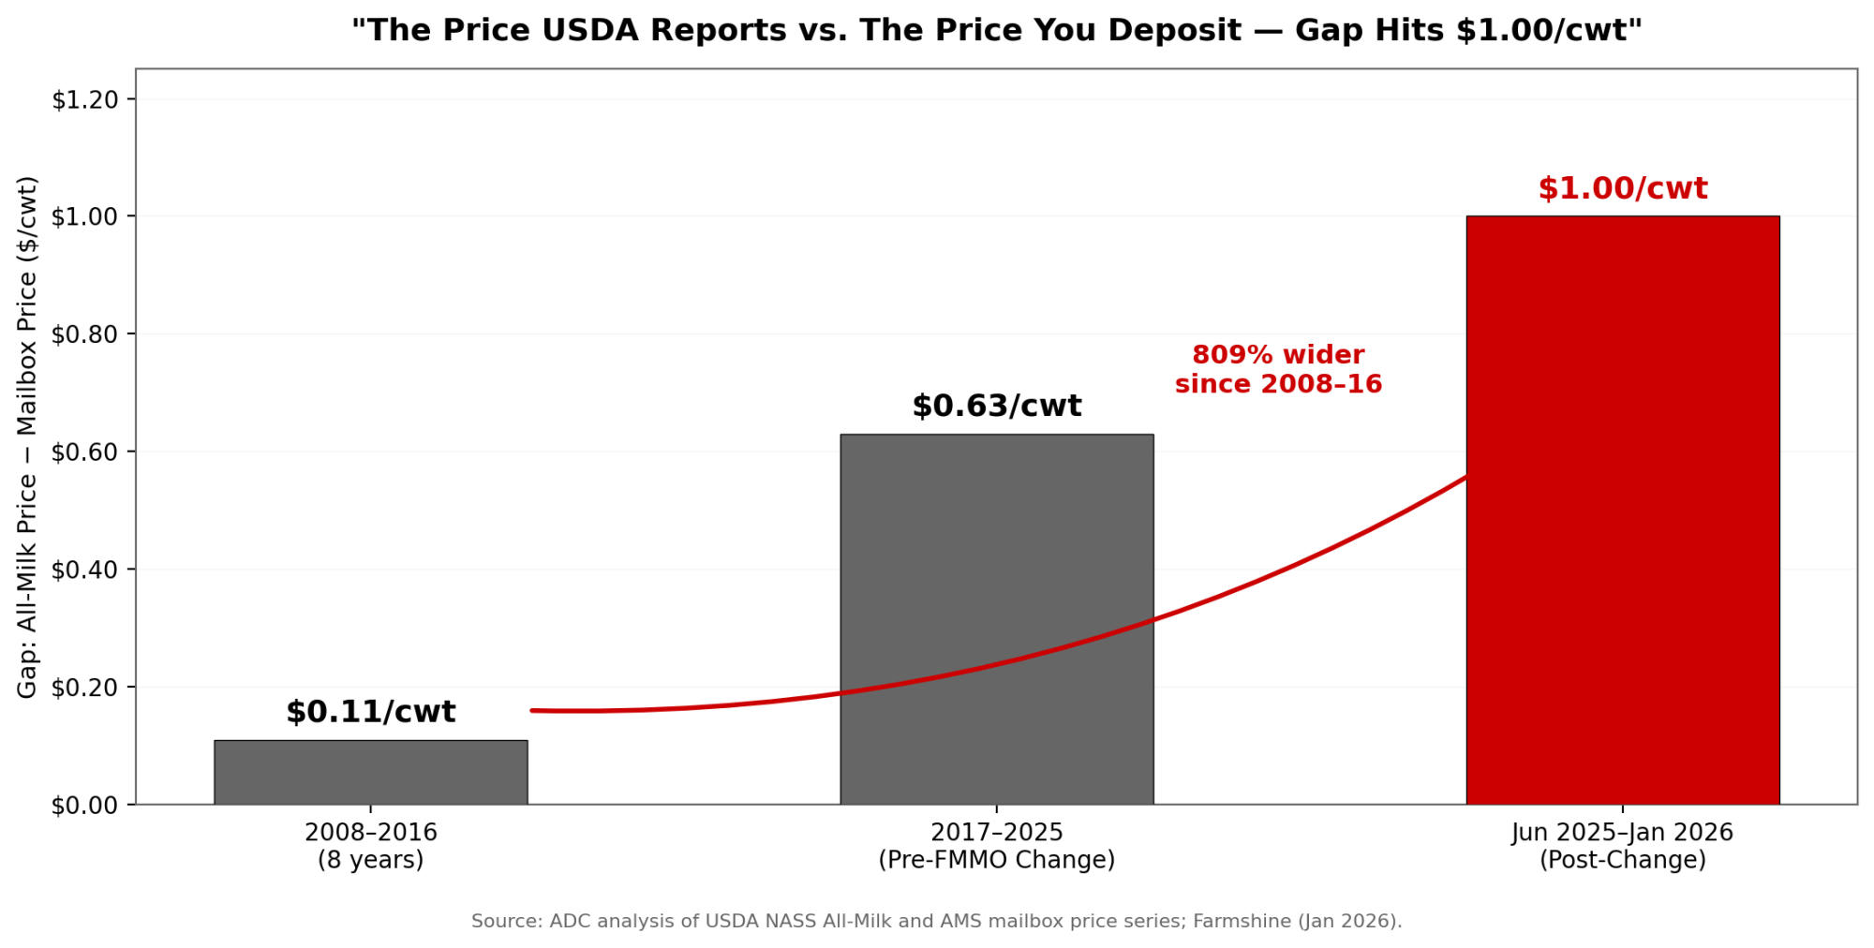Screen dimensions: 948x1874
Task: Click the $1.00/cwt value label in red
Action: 1622,189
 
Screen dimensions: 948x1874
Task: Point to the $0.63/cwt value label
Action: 996,407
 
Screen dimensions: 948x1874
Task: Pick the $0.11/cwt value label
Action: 370,712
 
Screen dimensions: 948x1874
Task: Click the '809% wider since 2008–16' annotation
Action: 1278,370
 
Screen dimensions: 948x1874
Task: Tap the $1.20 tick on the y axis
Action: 84,99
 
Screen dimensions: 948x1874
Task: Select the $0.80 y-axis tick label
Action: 84,334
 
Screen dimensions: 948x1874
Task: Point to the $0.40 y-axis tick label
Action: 84,570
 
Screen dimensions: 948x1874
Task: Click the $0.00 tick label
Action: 84,805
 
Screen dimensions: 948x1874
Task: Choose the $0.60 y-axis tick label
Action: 84,452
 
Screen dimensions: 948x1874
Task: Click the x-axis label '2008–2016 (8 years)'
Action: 370,846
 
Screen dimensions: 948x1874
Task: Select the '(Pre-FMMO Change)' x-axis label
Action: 996,860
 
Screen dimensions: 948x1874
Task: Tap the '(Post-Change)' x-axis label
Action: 1622,860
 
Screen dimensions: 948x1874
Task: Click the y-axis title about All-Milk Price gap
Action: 27,437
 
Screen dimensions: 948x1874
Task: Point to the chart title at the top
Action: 996,31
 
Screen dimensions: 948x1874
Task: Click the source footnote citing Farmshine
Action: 936,921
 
